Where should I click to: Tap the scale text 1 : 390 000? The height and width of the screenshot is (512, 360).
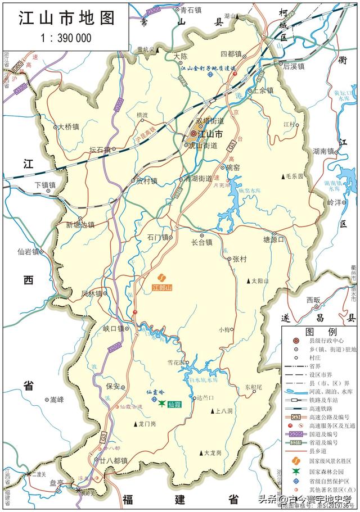click(66, 38)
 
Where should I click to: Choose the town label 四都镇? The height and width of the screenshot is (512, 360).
click(231, 54)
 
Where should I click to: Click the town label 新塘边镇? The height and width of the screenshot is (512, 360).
click(81, 224)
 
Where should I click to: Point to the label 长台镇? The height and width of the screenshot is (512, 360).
click(201, 242)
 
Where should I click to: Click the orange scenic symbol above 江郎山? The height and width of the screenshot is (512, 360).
click(161, 278)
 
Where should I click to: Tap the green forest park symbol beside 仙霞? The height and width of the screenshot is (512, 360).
click(162, 404)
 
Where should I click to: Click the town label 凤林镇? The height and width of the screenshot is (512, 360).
click(92, 293)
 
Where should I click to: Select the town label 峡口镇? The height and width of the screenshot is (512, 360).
click(113, 328)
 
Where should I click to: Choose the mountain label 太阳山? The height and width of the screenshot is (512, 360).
click(260, 280)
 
